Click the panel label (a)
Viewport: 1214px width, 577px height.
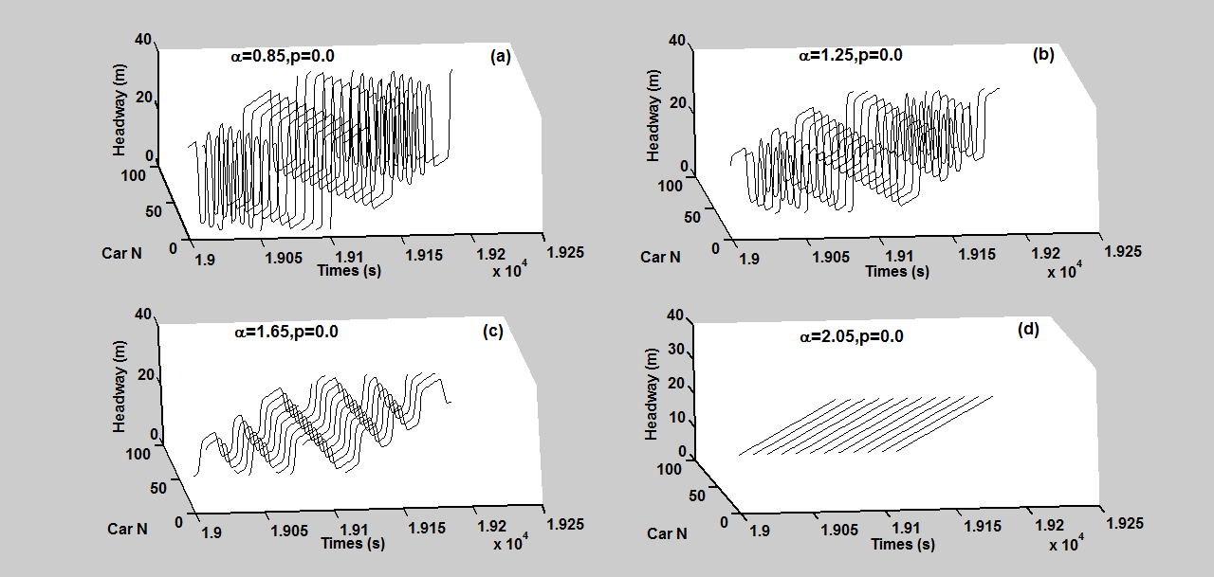click(x=500, y=57)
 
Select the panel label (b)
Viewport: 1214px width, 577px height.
click(x=1043, y=55)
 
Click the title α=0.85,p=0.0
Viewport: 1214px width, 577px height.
click(x=282, y=56)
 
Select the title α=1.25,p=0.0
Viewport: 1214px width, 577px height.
click(x=850, y=55)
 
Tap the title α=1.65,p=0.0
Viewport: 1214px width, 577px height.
click(x=286, y=332)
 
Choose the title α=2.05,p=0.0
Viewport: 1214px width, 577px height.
click(x=851, y=336)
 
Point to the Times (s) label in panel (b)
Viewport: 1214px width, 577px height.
click(x=897, y=271)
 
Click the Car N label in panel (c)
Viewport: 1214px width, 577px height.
click(x=126, y=529)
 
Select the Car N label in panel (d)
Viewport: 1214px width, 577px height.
click(x=667, y=533)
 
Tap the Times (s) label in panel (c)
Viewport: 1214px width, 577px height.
click(x=353, y=544)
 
